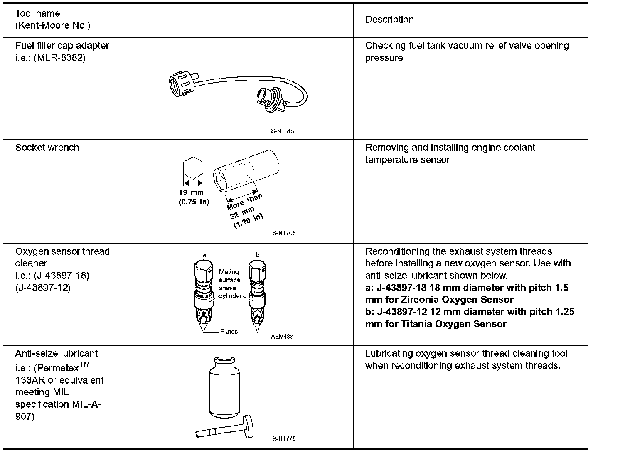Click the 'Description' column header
point(389,20)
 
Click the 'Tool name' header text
point(37,13)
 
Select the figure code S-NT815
point(283,131)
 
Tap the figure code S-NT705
point(284,233)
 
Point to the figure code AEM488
point(282,337)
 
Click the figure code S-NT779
point(284,439)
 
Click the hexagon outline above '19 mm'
point(193,168)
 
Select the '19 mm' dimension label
point(191,193)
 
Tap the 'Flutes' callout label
point(229,332)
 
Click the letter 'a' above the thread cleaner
point(204,254)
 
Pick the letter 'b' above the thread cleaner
point(257,254)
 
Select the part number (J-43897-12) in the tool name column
point(43,288)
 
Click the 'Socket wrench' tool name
point(47,148)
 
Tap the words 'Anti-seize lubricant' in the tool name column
point(57,353)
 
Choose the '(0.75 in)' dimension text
point(194,202)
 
